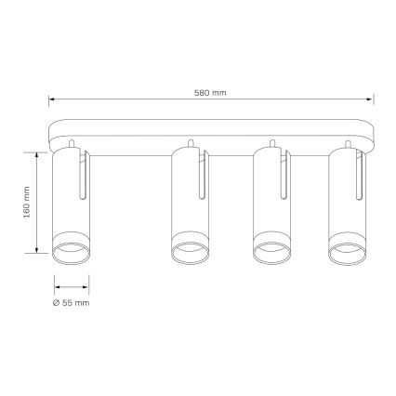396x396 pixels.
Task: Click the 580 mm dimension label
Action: click(212, 92)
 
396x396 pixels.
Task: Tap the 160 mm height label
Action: click(28, 204)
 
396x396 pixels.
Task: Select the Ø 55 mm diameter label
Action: click(72, 304)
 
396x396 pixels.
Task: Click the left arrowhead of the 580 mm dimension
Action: click(53, 99)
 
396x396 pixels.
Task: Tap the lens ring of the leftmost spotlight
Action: click(72, 251)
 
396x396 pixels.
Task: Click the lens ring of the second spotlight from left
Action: click(191, 251)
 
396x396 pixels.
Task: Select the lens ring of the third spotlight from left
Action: click(272, 251)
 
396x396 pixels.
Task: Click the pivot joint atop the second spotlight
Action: click(190, 144)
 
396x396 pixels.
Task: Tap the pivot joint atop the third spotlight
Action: click(271, 144)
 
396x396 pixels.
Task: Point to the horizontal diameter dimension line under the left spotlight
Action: click(72, 286)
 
